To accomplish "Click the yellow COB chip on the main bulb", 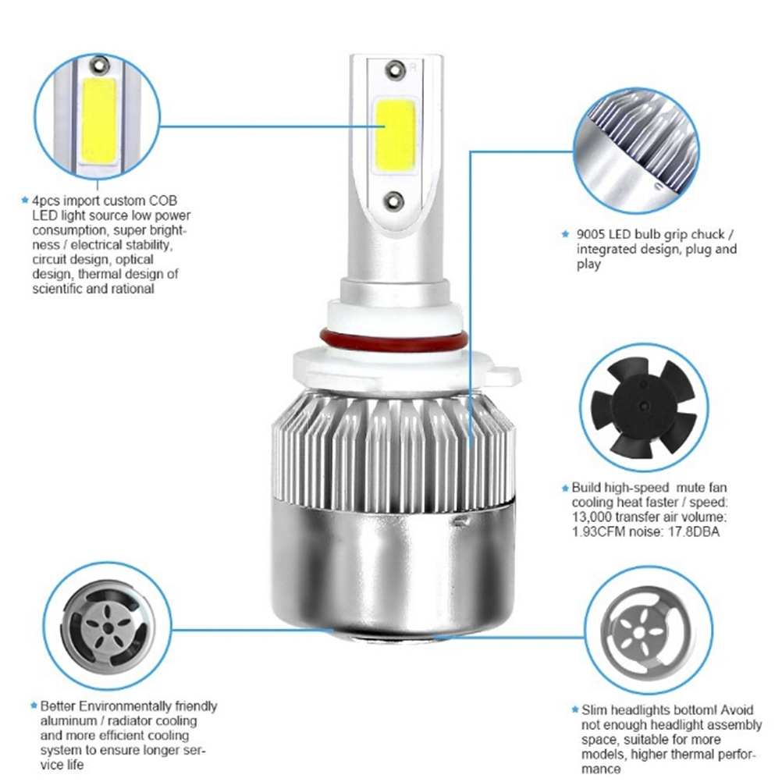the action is coord(394,135).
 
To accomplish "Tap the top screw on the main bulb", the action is coord(395,69).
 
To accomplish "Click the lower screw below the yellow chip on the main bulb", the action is coord(393,201).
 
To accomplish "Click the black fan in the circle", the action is coord(643,407).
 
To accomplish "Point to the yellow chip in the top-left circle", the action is coord(99,119).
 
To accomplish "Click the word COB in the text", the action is coord(163,201).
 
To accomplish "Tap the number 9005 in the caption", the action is coord(591,234).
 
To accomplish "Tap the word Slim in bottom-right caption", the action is coord(594,709).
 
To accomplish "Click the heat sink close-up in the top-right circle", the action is coord(636,151).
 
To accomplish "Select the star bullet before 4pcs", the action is coord(24,201).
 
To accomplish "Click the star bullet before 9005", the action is coord(565,234).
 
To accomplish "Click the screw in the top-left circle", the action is coord(100,65).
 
